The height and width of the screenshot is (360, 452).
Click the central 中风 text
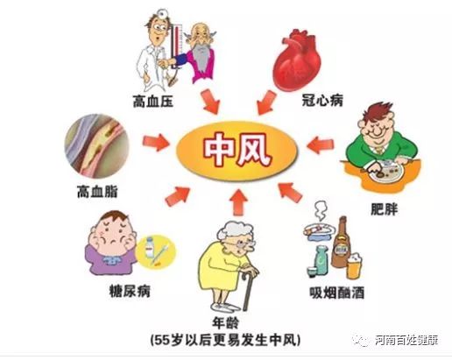coord(237,150)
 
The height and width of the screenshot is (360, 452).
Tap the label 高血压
coord(153,102)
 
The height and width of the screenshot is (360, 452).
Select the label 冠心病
coord(322,101)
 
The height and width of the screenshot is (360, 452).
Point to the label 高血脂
coord(97,192)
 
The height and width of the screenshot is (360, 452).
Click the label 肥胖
coord(385,209)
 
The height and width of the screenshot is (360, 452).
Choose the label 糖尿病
coord(130,291)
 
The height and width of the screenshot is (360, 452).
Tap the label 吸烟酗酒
coord(337,293)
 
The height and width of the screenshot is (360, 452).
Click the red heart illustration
coord(296,60)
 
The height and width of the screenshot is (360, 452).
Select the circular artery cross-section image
coord(96,146)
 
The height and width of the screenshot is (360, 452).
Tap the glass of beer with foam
coord(355,266)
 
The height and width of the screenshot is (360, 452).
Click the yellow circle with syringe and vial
coord(156,251)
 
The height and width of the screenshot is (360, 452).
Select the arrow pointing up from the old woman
coord(238,202)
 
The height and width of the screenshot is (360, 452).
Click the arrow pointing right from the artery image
coord(157,142)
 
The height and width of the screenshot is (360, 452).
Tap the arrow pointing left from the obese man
coord(320,145)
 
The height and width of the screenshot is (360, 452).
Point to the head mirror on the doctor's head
coord(161,12)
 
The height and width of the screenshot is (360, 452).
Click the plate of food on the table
coord(385,171)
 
